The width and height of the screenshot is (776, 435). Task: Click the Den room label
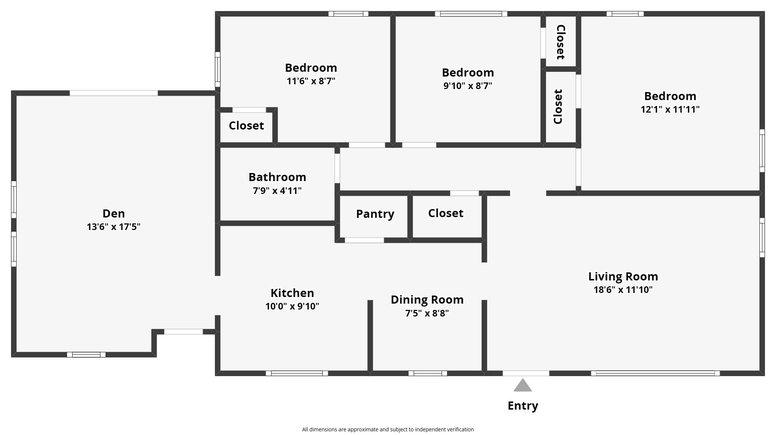[x=113, y=213]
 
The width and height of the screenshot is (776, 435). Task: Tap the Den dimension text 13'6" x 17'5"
[x=113, y=227]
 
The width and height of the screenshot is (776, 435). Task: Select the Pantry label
[x=375, y=214]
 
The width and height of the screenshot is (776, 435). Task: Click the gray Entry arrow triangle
[x=522, y=386]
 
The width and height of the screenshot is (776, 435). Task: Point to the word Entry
[x=522, y=406]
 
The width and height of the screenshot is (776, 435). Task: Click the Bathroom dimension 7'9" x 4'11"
[x=277, y=191]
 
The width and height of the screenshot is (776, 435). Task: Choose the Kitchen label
[x=292, y=293]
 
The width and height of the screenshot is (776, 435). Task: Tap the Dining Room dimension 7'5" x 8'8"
[x=427, y=313]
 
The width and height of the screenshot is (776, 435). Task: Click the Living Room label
[x=623, y=276]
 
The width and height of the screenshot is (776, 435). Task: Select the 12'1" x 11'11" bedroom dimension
[x=670, y=109]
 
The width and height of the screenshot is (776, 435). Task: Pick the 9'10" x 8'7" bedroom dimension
[x=468, y=86]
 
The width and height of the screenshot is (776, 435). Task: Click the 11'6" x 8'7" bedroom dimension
[x=311, y=81]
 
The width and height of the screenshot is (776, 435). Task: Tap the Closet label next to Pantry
[x=446, y=213]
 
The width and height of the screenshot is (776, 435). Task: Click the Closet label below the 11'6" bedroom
[x=246, y=125]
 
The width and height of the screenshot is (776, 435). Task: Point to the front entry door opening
[x=526, y=373]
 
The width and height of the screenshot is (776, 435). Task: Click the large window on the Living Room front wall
[x=655, y=373]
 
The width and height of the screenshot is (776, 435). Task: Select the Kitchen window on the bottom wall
[x=297, y=373]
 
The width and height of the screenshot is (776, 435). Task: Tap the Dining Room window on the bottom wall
[x=428, y=373]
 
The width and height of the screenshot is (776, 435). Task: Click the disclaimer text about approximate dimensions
[x=388, y=429]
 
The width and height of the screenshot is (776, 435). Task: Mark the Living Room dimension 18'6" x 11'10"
[x=623, y=290]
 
